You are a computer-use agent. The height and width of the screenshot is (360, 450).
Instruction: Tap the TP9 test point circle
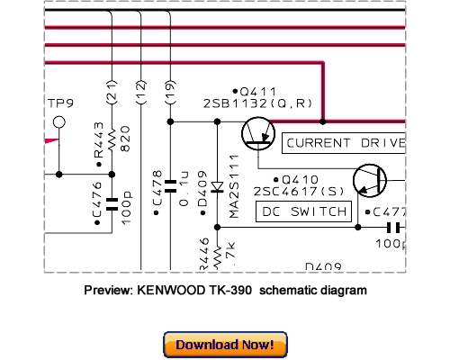[59, 121]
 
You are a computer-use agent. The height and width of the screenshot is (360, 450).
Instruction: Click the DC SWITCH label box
[303, 211]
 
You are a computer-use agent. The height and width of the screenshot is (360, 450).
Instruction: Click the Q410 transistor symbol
[369, 181]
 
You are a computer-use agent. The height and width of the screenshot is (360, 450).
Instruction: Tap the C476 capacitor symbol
[112, 204]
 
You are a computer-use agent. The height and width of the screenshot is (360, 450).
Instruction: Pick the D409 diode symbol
[216, 190]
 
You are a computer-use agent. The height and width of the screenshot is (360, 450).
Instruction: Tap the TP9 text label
[58, 103]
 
